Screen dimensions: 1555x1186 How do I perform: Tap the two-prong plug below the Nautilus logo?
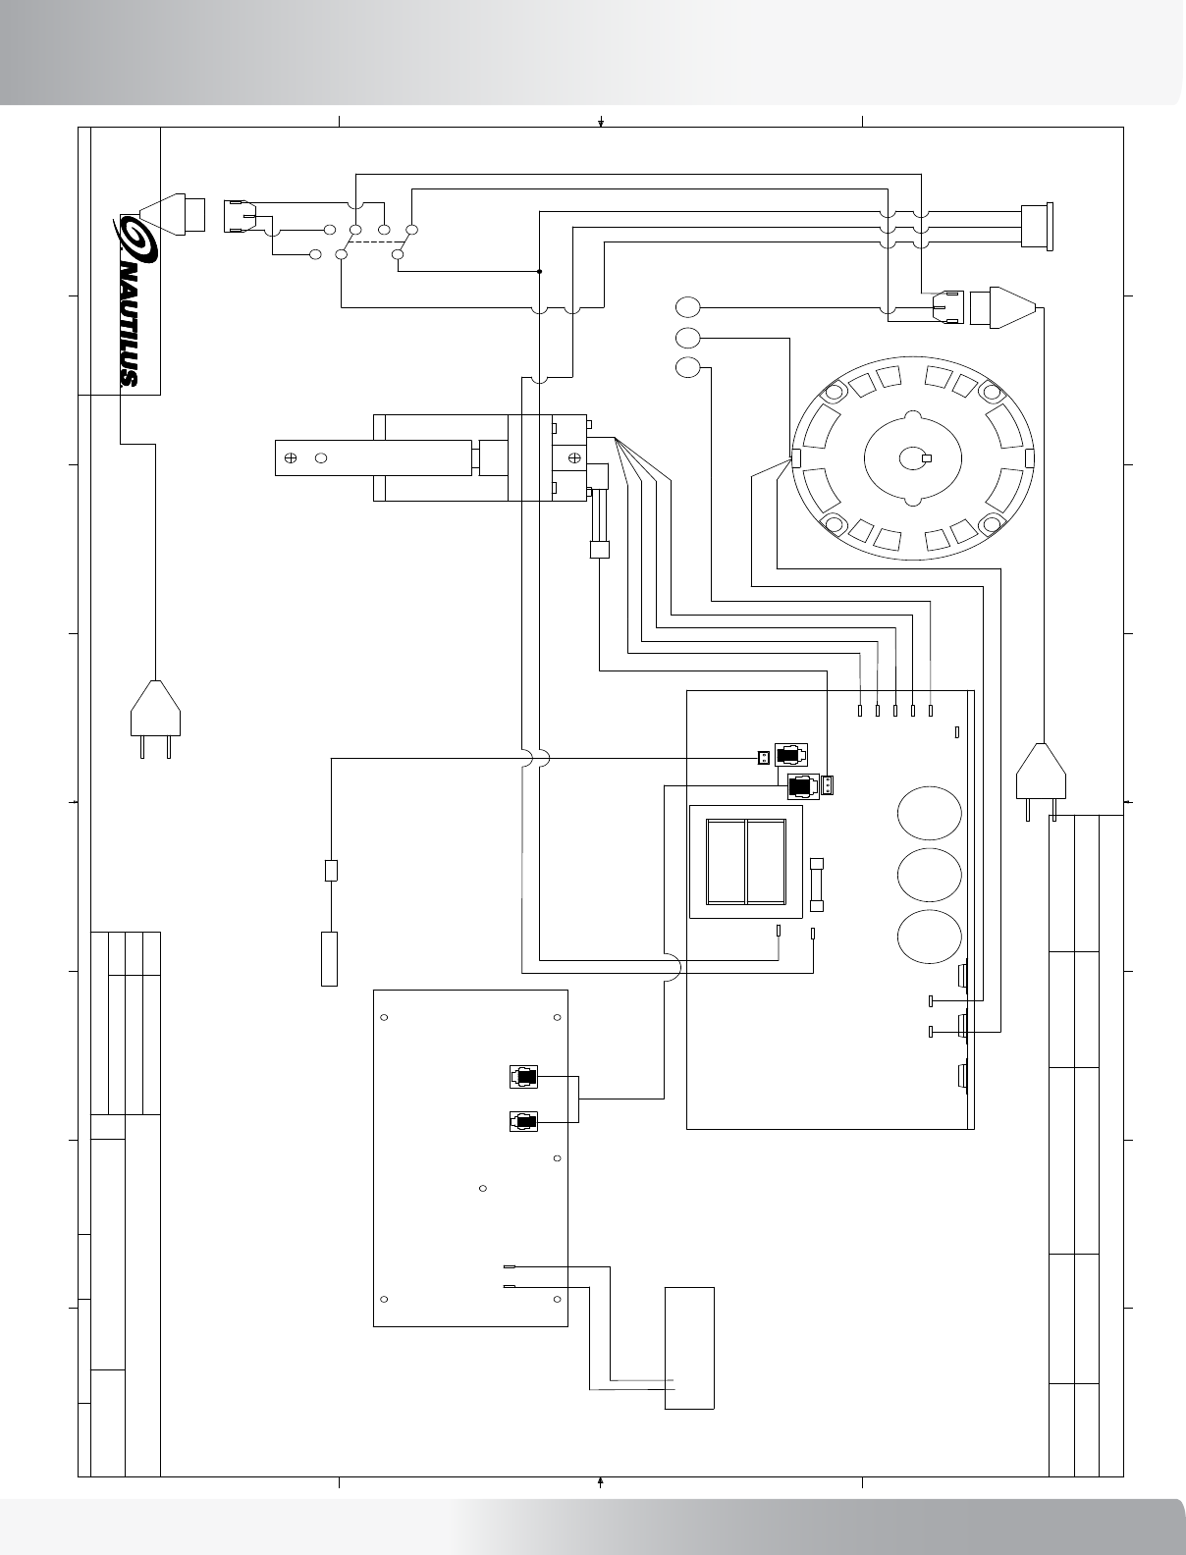click(x=156, y=712)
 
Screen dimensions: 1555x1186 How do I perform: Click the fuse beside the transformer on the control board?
click(x=817, y=885)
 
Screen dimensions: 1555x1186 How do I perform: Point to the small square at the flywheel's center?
click(x=926, y=458)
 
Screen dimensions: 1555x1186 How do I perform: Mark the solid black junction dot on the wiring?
click(x=540, y=271)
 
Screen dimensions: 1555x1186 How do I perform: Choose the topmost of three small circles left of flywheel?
click(x=688, y=306)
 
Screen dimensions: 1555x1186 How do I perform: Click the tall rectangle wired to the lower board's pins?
click(x=689, y=1347)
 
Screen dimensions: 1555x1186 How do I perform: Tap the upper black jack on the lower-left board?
click(x=523, y=1077)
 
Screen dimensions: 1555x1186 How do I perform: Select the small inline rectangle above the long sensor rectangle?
click(x=332, y=870)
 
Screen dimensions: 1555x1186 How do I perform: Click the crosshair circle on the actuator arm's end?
click(x=291, y=457)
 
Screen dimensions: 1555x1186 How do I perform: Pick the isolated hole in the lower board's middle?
click(x=483, y=1189)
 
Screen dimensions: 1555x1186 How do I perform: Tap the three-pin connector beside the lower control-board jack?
click(x=829, y=785)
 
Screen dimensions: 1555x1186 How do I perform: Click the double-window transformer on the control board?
click(x=745, y=861)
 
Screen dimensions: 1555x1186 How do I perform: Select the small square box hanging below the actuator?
click(x=599, y=550)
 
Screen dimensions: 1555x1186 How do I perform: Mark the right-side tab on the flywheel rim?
click(x=1029, y=458)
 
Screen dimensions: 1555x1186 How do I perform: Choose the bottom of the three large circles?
click(x=929, y=937)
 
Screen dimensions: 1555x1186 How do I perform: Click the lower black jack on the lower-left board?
click(x=523, y=1121)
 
